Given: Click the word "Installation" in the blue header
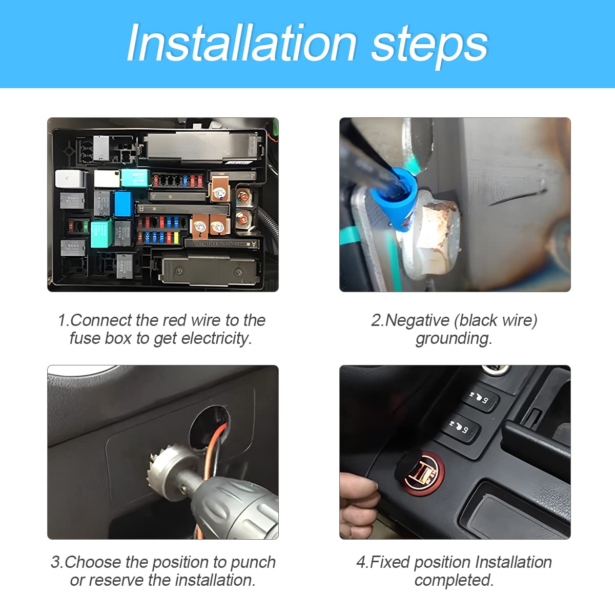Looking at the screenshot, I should [x=241, y=43].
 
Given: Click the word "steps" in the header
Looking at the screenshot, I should [x=429, y=45].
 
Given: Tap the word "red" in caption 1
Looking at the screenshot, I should [x=175, y=320].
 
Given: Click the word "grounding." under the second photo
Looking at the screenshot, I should [x=454, y=338].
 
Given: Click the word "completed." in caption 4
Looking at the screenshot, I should [x=454, y=580].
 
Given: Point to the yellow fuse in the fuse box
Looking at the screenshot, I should [x=177, y=238].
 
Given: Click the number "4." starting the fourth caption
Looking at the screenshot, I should [x=362, y=562].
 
